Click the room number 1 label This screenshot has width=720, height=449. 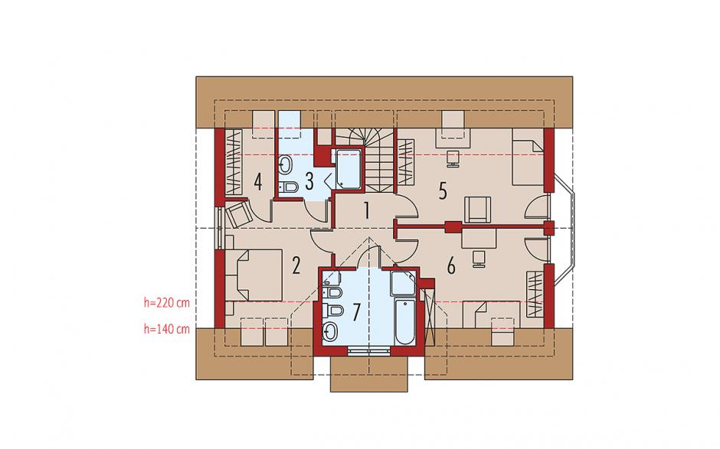point(367,210)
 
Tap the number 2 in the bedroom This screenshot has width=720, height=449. point(296,265)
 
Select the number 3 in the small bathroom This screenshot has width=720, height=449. point(309,181)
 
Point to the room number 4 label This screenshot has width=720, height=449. point(258,181)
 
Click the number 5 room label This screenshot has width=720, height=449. point(443,190)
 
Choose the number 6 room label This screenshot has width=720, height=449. point(451,266)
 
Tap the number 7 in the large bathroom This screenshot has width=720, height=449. point(357,312)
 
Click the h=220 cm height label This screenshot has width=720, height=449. point(167,303)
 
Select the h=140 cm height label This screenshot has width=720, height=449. point(167,329)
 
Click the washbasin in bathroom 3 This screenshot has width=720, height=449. point(285,164)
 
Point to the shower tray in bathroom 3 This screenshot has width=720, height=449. point(348,168)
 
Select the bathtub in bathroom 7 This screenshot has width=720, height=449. point(404,321)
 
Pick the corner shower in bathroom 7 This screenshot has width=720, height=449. point(403,284)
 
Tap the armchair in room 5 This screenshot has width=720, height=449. point(478,210)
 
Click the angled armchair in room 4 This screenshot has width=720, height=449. point(239,214)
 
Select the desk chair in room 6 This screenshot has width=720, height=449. point(478,259)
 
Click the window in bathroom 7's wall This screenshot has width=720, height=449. point(369,352)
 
